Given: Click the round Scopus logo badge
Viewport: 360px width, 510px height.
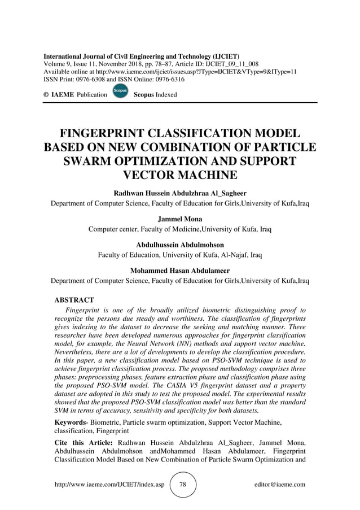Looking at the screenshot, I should [120, 91].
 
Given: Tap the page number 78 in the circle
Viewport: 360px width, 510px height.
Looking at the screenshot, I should [183, 485].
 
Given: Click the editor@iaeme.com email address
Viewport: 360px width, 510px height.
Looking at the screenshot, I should [280, 485].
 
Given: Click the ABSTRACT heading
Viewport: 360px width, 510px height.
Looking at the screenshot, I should [74, 300].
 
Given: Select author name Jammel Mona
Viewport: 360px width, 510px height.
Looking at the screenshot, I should [180, 219].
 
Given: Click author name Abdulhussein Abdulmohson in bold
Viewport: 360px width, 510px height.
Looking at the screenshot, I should [180, 245].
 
